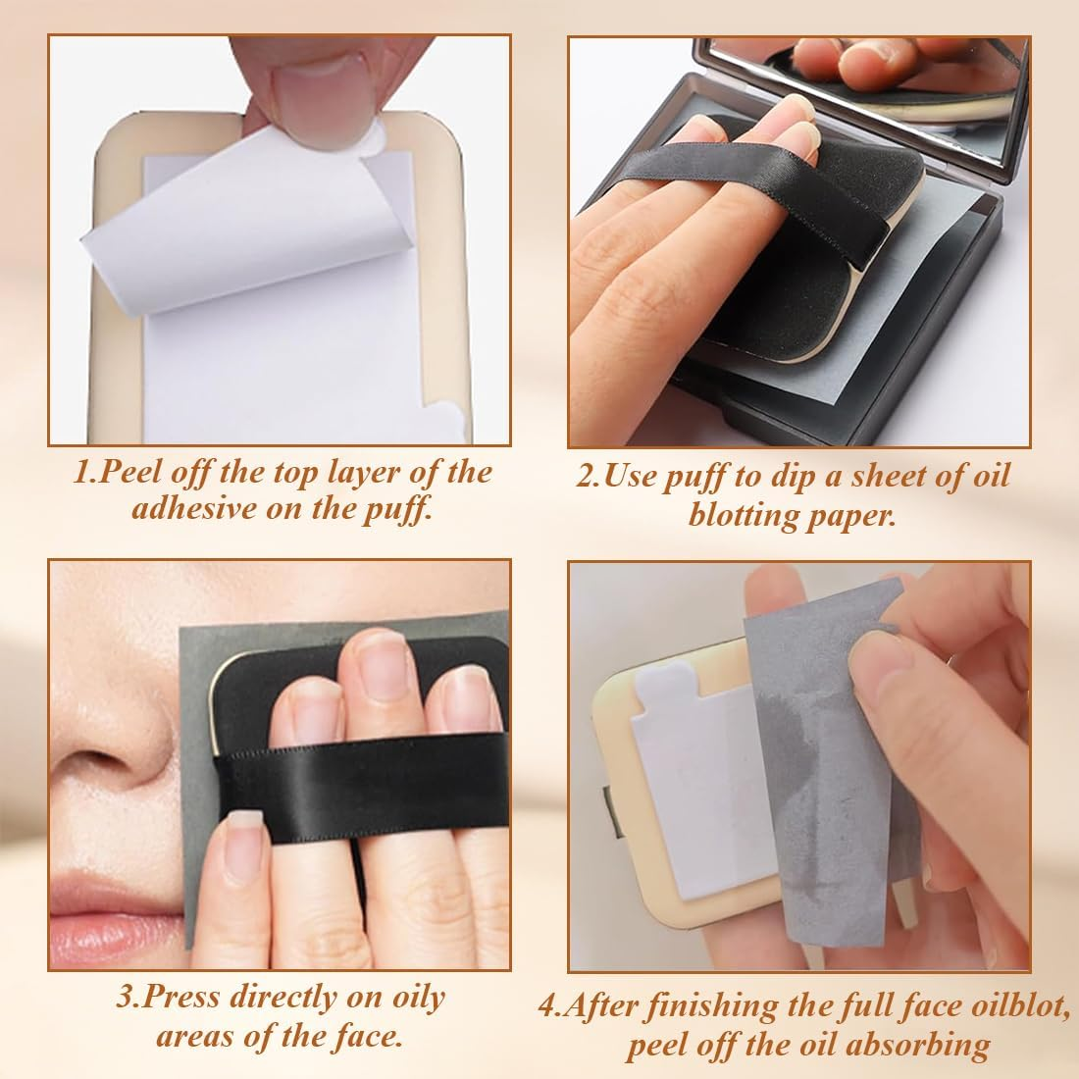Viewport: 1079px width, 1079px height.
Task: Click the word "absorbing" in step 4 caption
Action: click(920, 1046)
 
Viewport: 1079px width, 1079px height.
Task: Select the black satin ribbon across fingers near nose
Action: click(343, 775)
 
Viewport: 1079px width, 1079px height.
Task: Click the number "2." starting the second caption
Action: click(587, 478)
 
